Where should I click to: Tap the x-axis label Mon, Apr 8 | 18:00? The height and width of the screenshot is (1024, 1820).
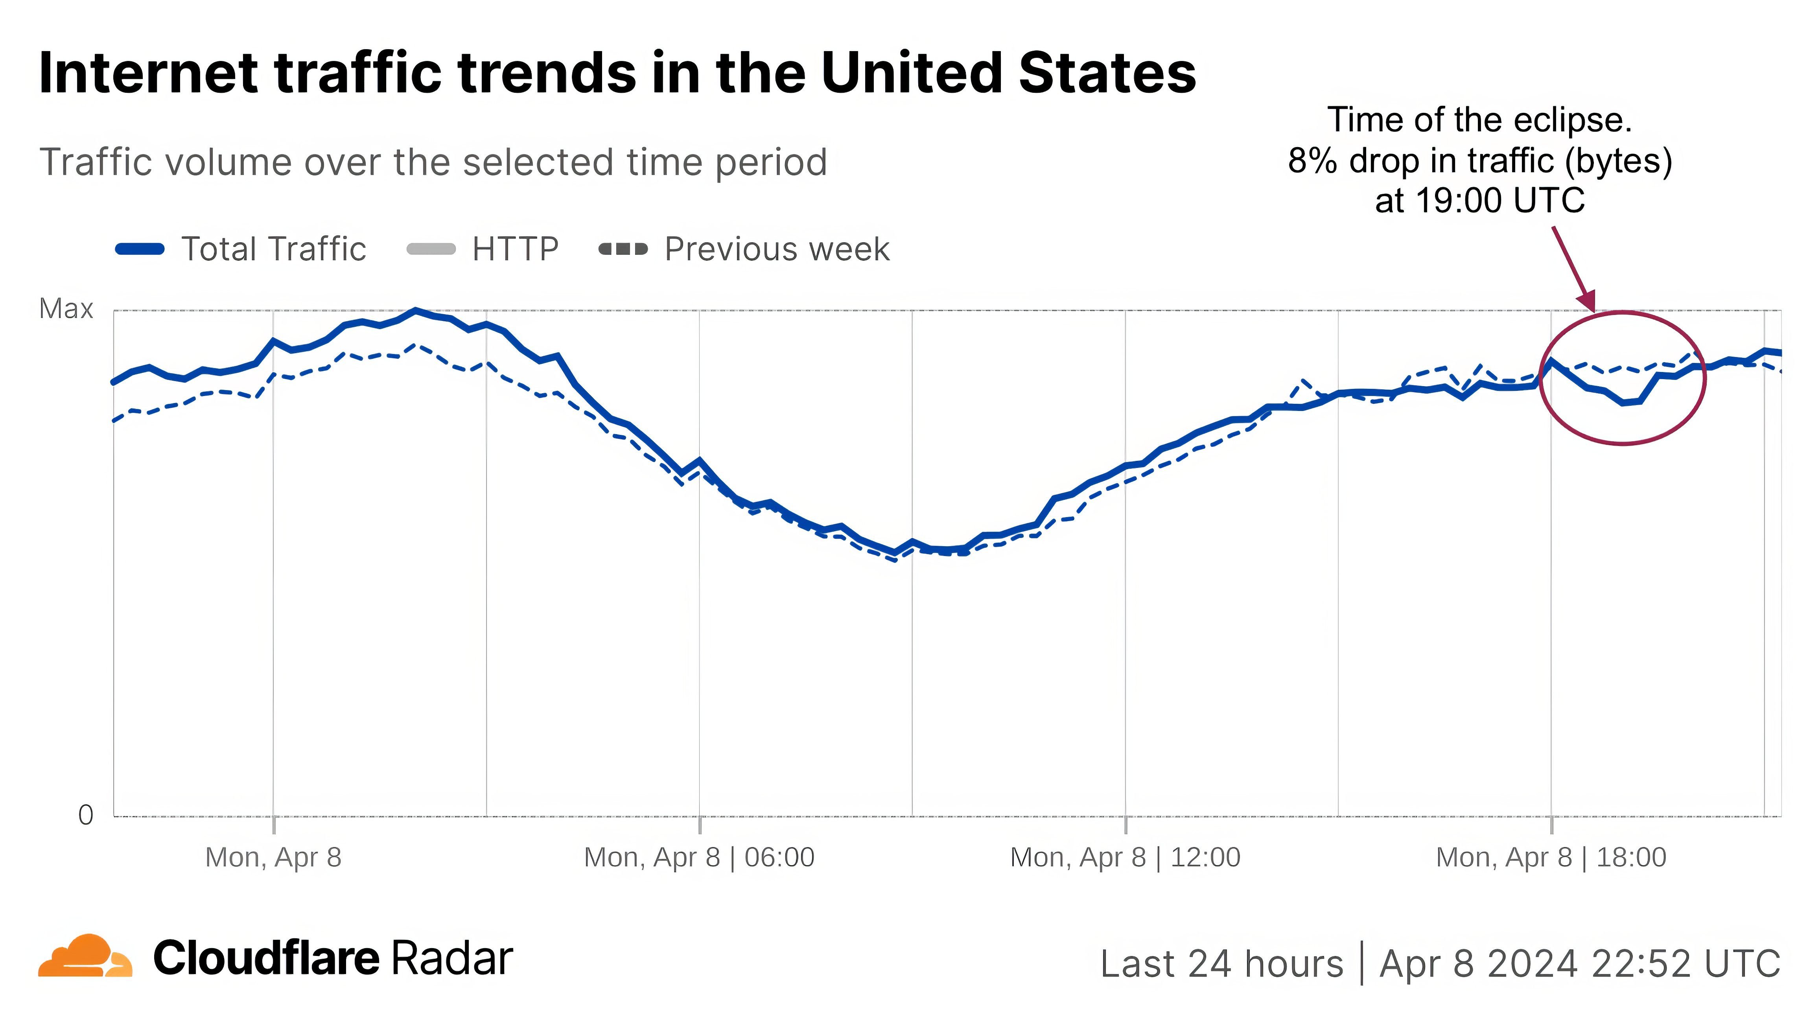(1551, 857)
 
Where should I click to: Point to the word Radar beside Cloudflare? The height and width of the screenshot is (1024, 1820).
(452, 959)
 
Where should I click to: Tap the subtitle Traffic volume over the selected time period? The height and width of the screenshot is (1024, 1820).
(433, 162)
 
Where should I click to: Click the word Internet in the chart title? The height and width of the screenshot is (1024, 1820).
(148, 73)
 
